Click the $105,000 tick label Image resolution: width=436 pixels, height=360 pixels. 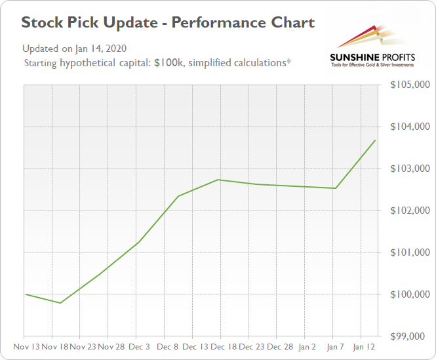pyautogui.click(x=410, y=85)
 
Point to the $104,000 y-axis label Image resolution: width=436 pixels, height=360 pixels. pyautogui.click(x=410, y=127)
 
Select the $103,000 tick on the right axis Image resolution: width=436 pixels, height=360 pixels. pyautogui.click(x=410, y=169)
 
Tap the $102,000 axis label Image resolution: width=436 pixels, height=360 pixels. pyautogui.click(x=410, y=210)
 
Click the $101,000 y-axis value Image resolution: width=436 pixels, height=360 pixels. pyautogui.click(x=410, y=252)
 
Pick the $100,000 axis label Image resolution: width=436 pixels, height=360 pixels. pyautogui.click(x=410, y=294)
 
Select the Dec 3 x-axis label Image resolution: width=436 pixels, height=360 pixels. pyautogui.click(x=139, y=345)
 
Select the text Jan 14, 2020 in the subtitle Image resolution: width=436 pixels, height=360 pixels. pyautogui.click(x=101, y=49)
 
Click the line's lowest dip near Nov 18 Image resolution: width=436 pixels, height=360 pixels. pyautogui.click(x=60, y=303)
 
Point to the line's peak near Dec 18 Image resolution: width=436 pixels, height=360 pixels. pyautogui.click(x=219, y=180)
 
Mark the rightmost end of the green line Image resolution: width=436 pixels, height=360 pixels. pyautogui.click(x=375, y=140)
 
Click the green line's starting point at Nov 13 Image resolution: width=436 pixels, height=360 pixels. pyautogui.click(x=25, y=294)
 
